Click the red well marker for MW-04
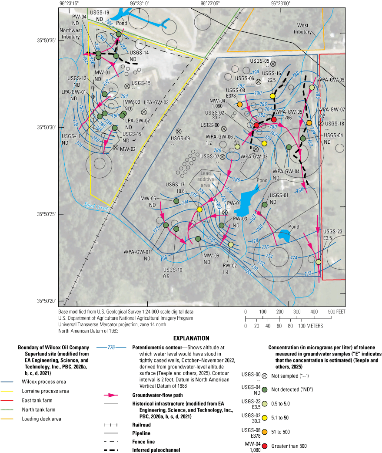(x=256, y=125)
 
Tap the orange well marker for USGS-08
(x=239, y=104)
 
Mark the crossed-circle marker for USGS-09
(x=178, y=131)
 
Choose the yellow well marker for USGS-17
(x=199, y=210)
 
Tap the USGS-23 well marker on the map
(x=318, y=262)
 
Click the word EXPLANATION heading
(x=191, y=338)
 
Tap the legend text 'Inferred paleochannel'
(x=144, y=449)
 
